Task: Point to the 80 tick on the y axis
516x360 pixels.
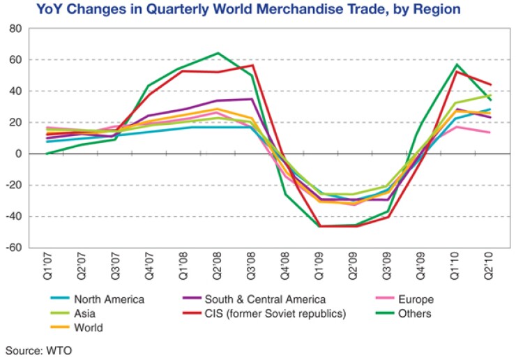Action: [15, 29]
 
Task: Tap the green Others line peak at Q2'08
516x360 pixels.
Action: [218, 53]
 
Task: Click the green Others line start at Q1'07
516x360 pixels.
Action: [46, 153]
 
